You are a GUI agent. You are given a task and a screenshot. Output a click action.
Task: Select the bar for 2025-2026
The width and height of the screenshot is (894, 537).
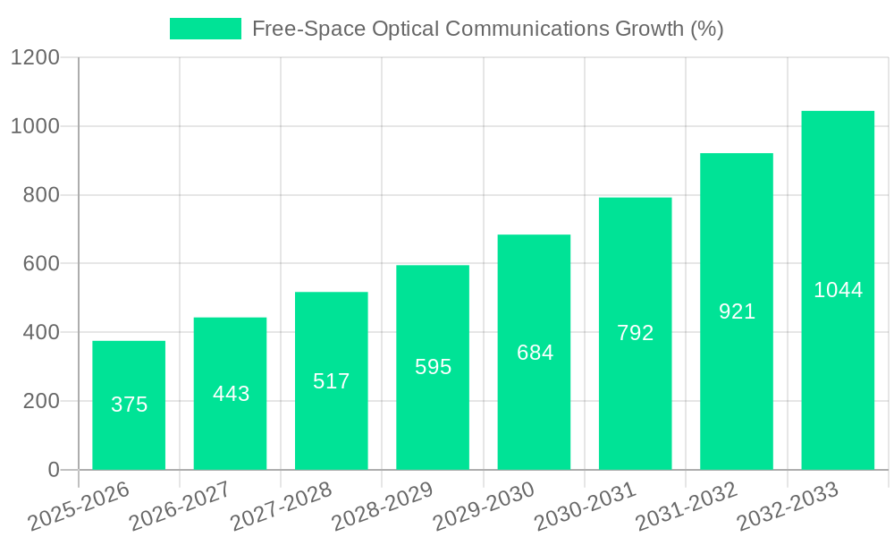point(129,405)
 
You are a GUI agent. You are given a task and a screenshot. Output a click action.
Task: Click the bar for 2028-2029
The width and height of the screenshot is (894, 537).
point(433,367)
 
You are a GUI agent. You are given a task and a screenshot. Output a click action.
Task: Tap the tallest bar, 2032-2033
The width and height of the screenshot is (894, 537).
point(838,290)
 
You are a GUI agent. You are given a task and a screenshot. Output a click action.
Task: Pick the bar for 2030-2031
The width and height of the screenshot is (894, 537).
point(635,333)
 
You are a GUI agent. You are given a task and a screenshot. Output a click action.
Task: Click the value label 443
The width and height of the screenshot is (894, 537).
point(231,394)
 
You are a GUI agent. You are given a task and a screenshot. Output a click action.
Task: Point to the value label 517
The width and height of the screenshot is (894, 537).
point(332,381)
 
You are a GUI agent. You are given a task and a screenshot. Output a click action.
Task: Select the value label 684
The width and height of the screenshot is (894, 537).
point(535,353)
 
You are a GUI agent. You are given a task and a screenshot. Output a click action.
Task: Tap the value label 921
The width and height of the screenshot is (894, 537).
point(737,311)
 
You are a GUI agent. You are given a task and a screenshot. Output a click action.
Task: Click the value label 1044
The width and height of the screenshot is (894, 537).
point(838,290)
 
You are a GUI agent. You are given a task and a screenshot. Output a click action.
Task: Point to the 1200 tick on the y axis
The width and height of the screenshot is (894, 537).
point(35,58)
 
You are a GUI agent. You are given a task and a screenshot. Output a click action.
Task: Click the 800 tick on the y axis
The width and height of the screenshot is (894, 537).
point(42,195)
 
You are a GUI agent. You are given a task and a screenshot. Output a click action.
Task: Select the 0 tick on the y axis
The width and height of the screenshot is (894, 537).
point(53,470)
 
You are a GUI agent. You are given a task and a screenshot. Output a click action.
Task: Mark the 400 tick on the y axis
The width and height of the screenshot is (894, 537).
point(42,333)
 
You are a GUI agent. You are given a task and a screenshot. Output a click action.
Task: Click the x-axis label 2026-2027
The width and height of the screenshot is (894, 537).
point(180,507)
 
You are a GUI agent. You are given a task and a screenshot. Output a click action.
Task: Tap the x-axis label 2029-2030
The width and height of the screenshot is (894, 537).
point(484,507)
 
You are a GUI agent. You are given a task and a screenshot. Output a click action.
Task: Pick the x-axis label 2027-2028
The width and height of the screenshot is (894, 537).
point(281,507)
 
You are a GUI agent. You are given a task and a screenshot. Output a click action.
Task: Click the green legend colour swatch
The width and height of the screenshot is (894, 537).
point(206,29)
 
